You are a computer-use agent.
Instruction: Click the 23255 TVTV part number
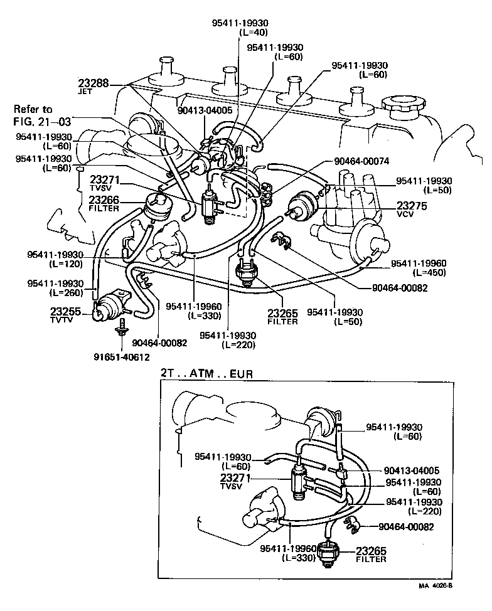[x=66, y=311]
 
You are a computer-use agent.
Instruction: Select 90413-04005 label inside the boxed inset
[x=410, y=470]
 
